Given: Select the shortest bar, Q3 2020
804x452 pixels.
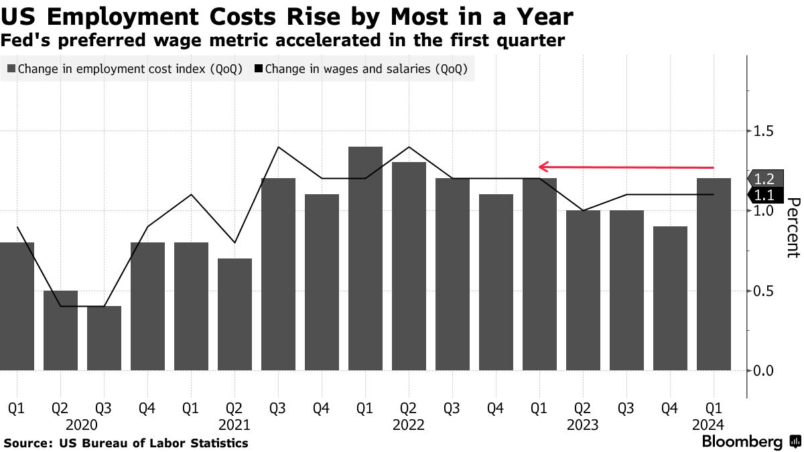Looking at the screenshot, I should pos(104,338).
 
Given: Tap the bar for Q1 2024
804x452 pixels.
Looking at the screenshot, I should pos(714,274).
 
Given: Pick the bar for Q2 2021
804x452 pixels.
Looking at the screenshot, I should pos(234,314).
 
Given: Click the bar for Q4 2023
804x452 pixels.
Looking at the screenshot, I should pos(670,298).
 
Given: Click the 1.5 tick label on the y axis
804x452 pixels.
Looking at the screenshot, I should pos(764,131).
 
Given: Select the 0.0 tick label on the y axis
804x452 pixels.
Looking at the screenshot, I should pos(764,370).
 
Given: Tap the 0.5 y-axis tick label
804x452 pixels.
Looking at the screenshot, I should pos(764,291).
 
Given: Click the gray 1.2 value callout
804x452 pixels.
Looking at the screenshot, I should pos(764,179).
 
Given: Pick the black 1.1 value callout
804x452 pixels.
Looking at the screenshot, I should pos(764,195).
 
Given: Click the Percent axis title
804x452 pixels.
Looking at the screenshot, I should pos(793,228).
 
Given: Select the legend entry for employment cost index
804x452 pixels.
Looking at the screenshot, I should pos(125,69).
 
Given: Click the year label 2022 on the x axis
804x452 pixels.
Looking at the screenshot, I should pos(409,425).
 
